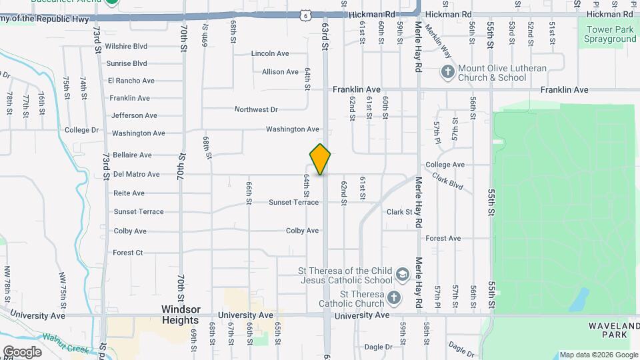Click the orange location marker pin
320,159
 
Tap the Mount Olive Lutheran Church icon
448,71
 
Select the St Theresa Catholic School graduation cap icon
402,275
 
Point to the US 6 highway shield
305,14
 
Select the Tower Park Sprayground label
610,34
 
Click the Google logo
22,351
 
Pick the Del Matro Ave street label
136,174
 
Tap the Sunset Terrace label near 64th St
293,202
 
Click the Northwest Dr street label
256,109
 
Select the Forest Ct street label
127,253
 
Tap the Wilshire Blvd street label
126,47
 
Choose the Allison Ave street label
280,71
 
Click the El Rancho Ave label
131,81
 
